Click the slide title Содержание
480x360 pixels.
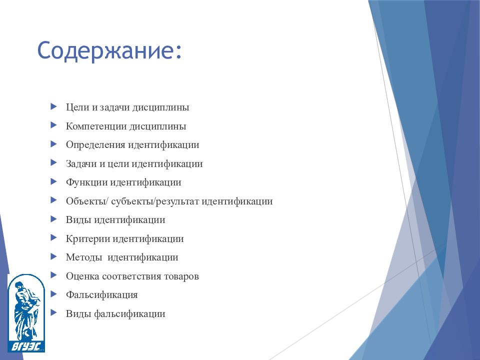click(x=109, y=51)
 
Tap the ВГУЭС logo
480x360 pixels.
click(x=26, y=312)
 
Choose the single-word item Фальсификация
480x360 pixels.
click(x=101, y=295)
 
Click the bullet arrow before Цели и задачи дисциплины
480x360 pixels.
click(x=53, y=106)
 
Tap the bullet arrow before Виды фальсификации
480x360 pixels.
click(x=53, y=313)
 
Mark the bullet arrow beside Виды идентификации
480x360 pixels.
click(x=53, y=219)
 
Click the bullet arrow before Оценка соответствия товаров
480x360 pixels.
click(x=53, y=275)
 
